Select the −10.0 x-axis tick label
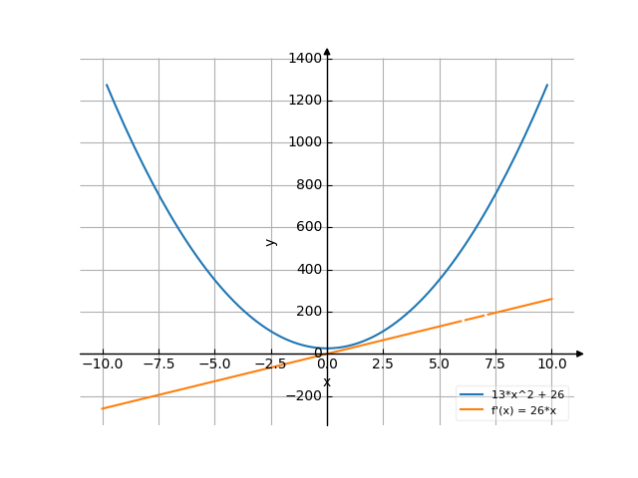[x=102, y=364]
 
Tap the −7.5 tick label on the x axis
[x=158, y=364]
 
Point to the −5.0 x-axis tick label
[x=214, y=364]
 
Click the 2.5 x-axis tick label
[x=383, y=364]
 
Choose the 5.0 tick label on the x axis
[x=439, y=364]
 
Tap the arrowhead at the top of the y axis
[x=327, y=51]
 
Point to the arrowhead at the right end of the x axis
[x=580, y=354]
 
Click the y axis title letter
[x=270, y=242]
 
